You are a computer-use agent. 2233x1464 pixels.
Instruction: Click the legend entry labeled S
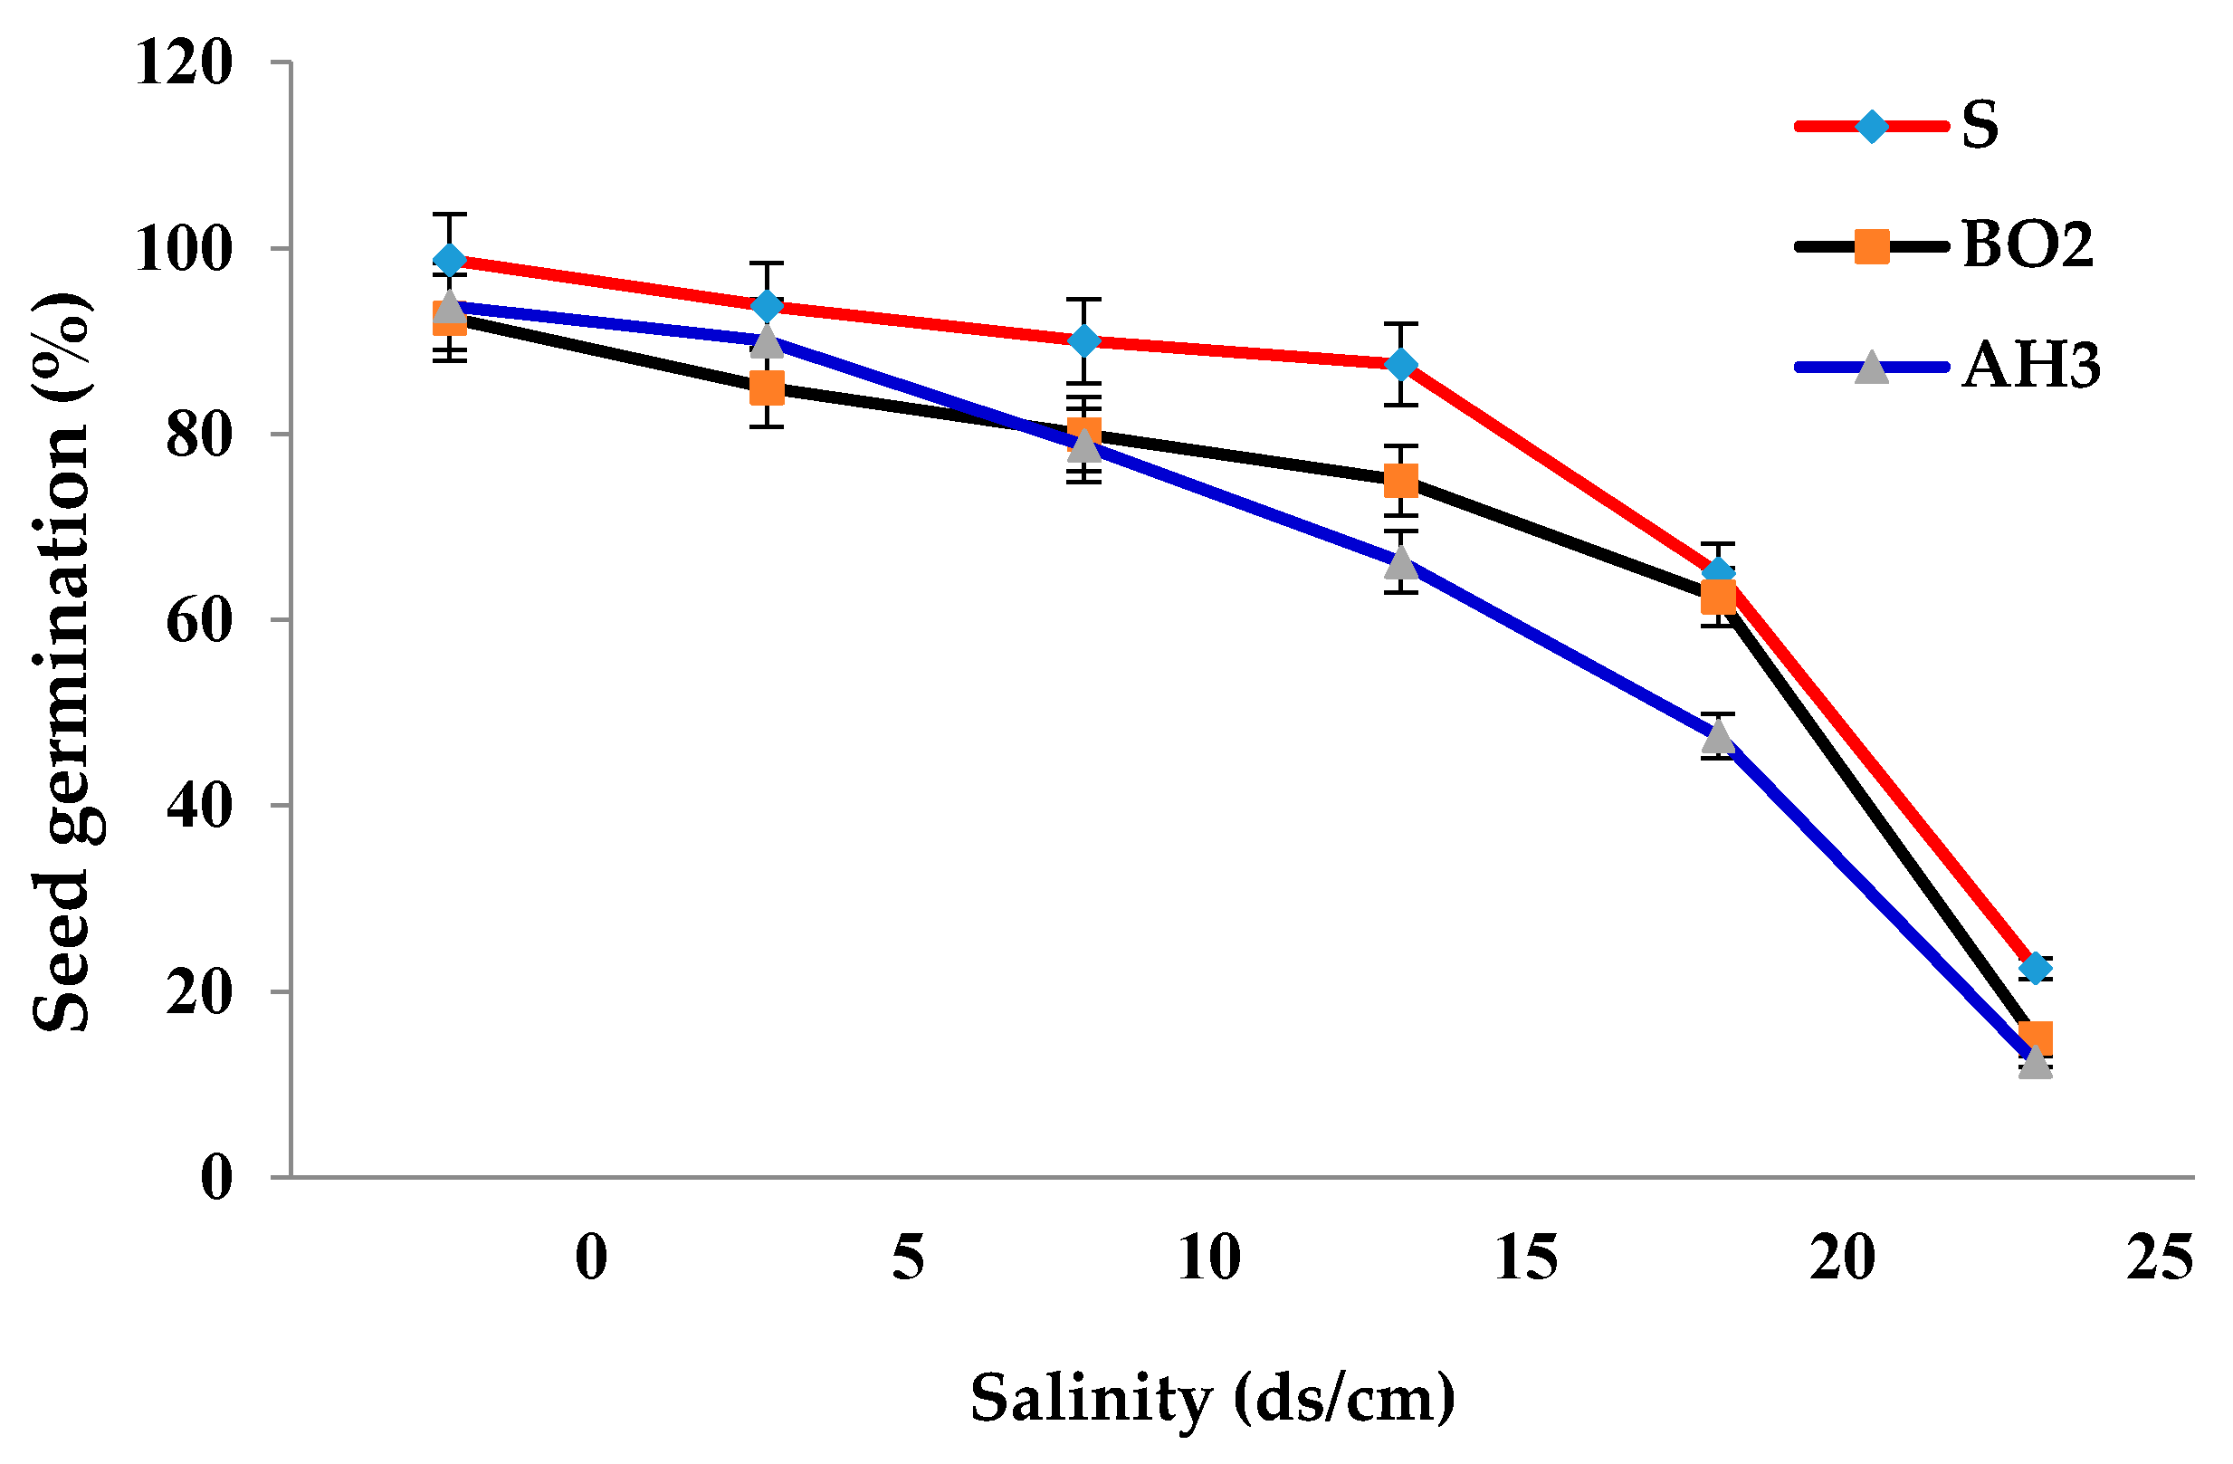[1980, 126]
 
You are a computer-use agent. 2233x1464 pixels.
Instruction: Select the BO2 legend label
[2028, 246]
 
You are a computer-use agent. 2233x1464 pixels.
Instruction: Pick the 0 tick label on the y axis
[216, 1178]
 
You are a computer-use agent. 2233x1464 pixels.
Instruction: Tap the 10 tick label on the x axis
[1208, 1258]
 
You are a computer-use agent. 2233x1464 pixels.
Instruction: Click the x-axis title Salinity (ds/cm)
[1212, 1397]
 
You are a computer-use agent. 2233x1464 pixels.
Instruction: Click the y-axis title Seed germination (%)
[62, 662]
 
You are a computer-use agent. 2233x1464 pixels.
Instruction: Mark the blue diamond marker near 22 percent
[2034, 968]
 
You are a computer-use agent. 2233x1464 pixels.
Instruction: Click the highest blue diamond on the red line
[451, 260]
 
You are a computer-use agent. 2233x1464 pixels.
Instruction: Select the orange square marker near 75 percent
[1401, 482]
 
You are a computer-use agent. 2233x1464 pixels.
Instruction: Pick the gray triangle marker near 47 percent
[1718, 738]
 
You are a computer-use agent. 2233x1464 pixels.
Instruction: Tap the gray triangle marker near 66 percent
[1401, 562]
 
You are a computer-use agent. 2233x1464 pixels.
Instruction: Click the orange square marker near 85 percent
[768, 388]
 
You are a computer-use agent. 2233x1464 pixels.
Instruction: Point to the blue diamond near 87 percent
[1401, 364]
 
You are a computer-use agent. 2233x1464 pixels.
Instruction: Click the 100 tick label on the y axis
[184, 251]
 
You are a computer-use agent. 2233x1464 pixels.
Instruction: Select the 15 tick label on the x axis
[1525, 1258]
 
